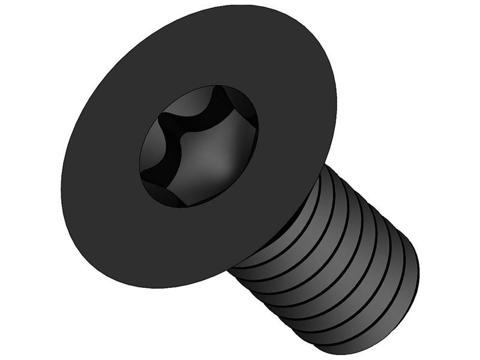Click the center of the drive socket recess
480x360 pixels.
pos(199,147)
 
